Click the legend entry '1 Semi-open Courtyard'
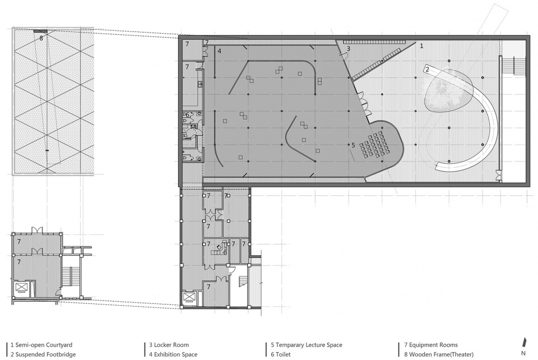pyautogui.click(x=41, y=345)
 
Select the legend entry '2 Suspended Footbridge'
pyautogui.click(x=43, y=354)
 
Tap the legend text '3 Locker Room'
pyautogui.click(x=169, y=345)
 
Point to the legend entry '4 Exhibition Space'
pyautogui.click(x=173, y=354)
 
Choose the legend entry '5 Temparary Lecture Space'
pyautogui.click(x=307, y=345)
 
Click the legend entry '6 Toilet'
pyautogui.click(x=281, y=354)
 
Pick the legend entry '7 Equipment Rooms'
pyautogui.click(x=431, y=345)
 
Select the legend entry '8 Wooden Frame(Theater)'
pyautogui.click(x=439, y=354)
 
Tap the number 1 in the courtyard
pyautogui.click(x=421, y=45)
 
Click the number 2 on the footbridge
pyautogui.click(x=427, y=70)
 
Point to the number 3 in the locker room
pyautogui.click(x=348, y=49)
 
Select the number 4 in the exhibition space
pyautogui.click(x=219, y=51)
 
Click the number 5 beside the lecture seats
pyautogui.click(x=353, y=145)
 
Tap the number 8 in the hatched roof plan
pyautogui.click(x=41, y=38)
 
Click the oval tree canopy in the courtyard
pyautogui.click(x=449, y=90)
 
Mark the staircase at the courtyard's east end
pyautogui.click(x=514, y=66)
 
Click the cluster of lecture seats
pyautogui.click(x=375, y=145)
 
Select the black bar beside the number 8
pyautogui.click(x=40, y=31)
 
